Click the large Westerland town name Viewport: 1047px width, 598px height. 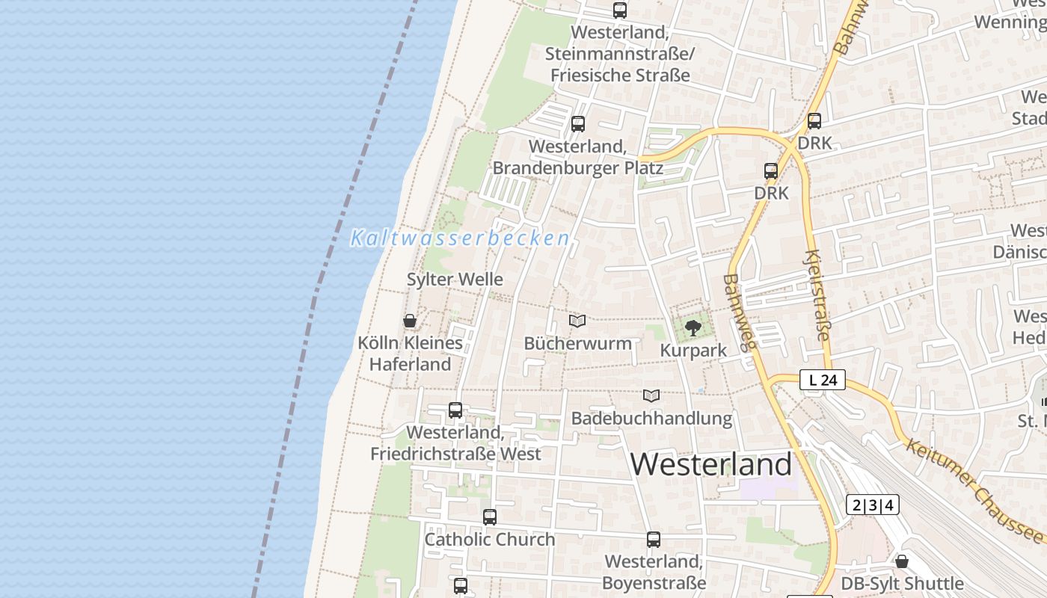point(710,464)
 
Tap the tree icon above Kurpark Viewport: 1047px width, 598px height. point(693,327)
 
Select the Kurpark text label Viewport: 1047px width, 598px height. point(693,350)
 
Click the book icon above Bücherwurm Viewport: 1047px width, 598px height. point(577,321)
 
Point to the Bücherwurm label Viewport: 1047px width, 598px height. point(577,343)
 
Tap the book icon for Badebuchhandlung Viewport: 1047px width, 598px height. point(651,395)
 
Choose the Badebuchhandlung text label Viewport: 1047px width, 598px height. point(651,418)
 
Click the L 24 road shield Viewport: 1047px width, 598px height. point(823,380)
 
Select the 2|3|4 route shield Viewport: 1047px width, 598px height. point(873,505)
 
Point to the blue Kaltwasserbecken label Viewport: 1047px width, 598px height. point(460,238)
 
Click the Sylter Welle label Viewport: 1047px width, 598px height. point(455,279)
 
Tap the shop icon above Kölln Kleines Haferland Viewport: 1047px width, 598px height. point(410,321)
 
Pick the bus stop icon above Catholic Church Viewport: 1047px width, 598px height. point(490,517)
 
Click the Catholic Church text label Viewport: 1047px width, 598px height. point(490,539)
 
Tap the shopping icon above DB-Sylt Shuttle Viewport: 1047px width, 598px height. point(902,561)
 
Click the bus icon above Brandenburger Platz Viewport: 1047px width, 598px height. point(578,124)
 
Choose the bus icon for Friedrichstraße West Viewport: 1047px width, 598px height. point(455,410)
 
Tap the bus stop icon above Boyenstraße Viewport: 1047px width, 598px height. point(654,540)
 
